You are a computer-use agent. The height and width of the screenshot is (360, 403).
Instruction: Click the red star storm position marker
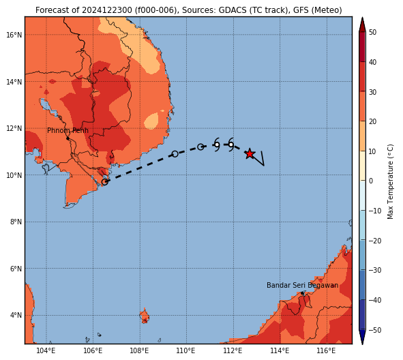pyautogui.click(x=250, y=154)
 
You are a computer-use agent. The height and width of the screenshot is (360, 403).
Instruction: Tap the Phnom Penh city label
pyautogui.click(x=68, y=130)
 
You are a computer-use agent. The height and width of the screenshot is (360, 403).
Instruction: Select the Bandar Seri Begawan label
pyautogui.click(x=302, y=286)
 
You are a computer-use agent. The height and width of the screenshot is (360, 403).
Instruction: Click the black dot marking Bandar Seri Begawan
pyautogui.click(x=302, y=293)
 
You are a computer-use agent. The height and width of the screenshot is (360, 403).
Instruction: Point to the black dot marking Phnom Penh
pyautogui.click(x=68, y=138)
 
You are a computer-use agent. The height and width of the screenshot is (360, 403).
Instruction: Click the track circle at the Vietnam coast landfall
pyautogui.click(x=105, y=182)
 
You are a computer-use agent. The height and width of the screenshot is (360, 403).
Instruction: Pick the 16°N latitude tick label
pyautogui.click(x=14, y=35)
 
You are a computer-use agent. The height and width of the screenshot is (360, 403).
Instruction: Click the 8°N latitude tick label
pyautogui.click(x=16, y=222)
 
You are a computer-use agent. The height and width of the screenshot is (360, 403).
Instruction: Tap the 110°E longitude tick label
pyautogui.click(x=186, y=350)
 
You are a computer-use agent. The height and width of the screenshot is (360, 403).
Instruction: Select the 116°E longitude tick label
pyautogui.click(x=327, y=350)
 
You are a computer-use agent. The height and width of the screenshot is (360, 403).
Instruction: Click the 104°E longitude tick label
pyautogui.click(x=46, y=350)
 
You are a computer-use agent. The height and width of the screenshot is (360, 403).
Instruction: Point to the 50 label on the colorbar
pyautogui.click(x=372, y=32)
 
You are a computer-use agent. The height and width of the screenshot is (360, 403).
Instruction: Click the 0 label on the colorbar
pyautogui.click(x=371, y=181)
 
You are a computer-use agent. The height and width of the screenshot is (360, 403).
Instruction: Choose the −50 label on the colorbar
pyautogui.click(x=375, y=330)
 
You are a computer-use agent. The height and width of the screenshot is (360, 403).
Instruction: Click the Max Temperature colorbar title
pyautogui.click(x=391, y=181)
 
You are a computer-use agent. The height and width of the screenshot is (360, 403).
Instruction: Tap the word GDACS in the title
pyautogui.click(x=230, y=10)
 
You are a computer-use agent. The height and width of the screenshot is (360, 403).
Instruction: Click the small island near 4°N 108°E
pyautogui.click(x=145, y=316)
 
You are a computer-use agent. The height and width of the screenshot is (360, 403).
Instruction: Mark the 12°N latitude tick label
pyautogui.click(x=14, y=128)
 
